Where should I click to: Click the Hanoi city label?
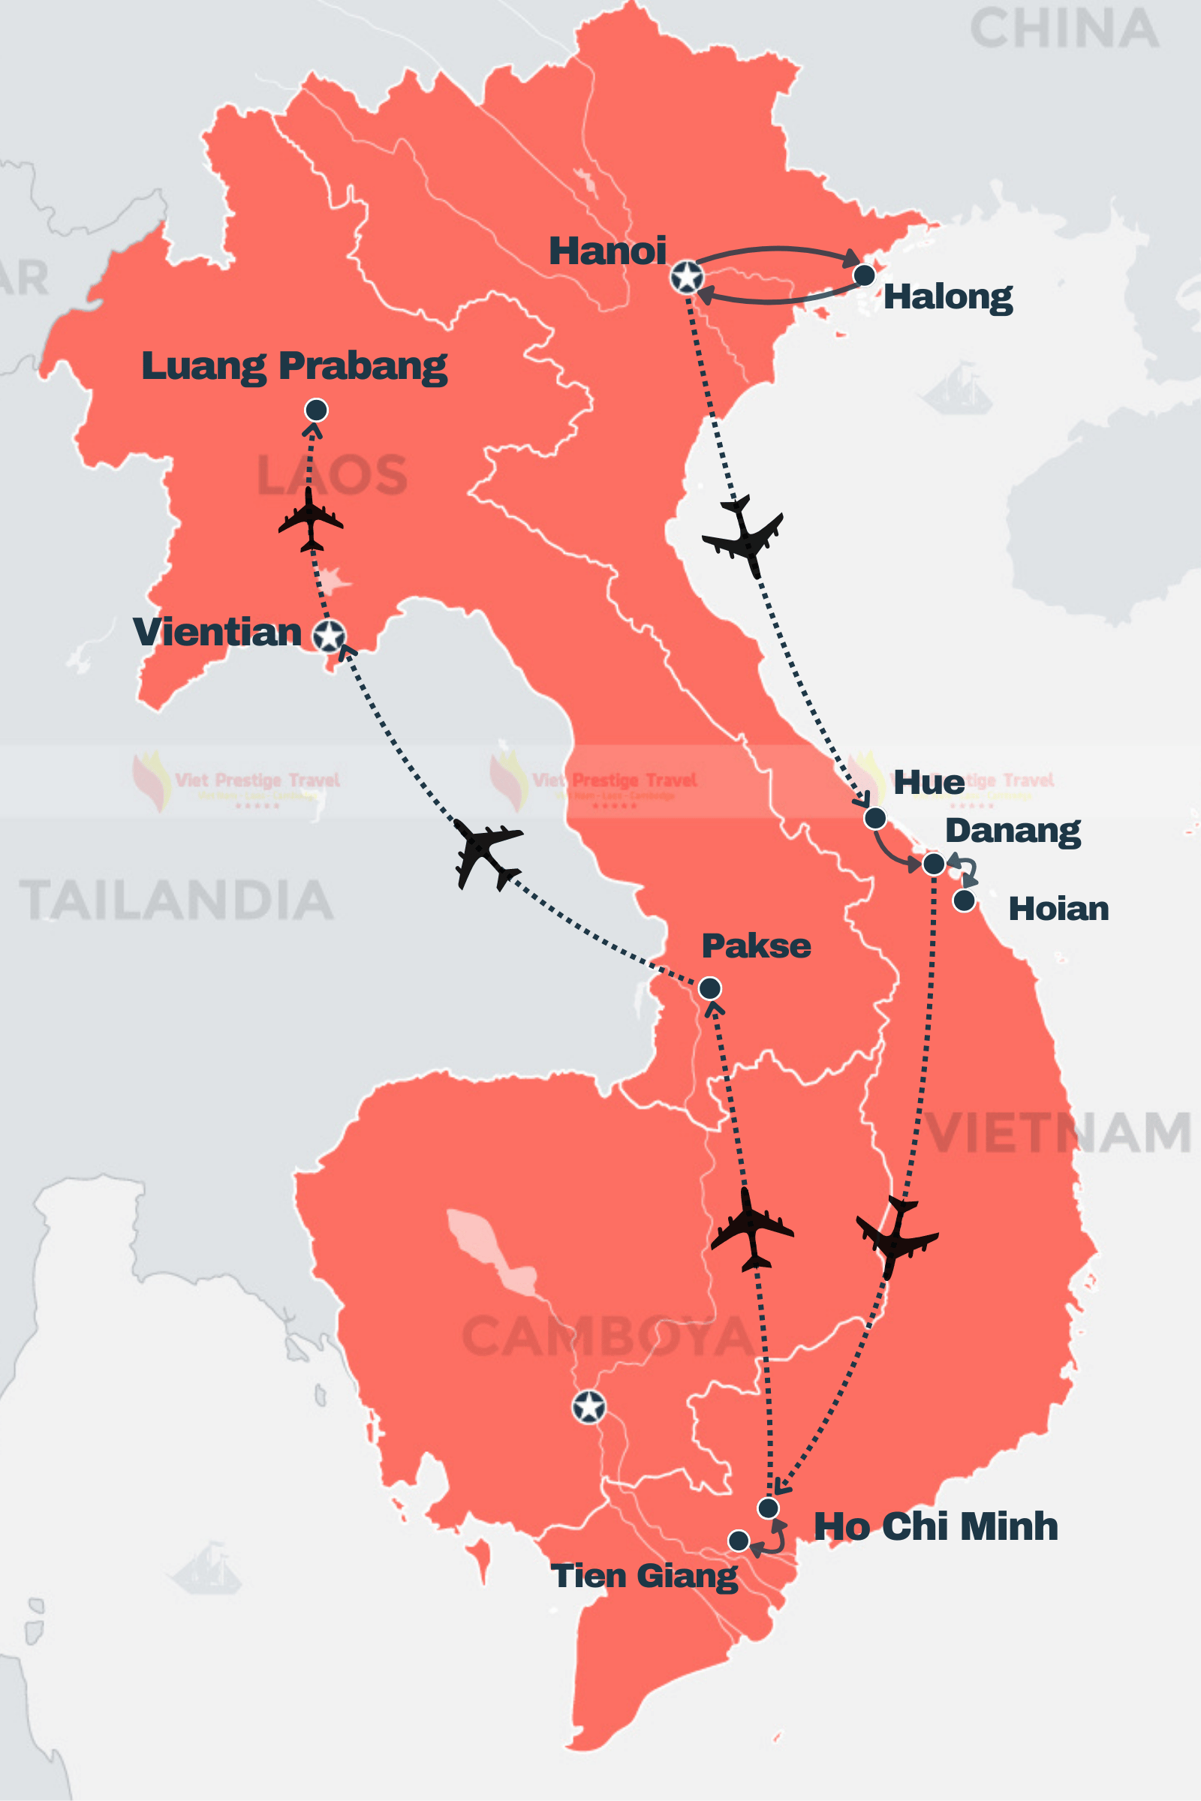click(x=607, y=251)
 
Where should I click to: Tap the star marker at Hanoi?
click(x=687, y=276)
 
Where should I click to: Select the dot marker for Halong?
click(x=864, y=275)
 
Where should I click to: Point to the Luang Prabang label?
click(x=294, y=366)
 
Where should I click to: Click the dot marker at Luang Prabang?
click(x=316, y=410)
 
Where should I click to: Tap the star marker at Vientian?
click(x=330, y=636)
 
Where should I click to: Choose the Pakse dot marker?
click(x=710, y=988)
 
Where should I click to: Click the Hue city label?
click(x=929, y=783)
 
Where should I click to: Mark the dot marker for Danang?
click(x=934, y=864)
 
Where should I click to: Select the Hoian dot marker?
click(x=965, y=900)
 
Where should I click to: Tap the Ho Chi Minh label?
click(x=935, y=1526)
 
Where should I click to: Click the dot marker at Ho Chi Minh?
click(x=768, y=1508)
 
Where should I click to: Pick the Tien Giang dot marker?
click(x=739, y=1540)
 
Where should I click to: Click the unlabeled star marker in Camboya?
click(x=589, y=1406)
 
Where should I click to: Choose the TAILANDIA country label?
click(x=176, y=900)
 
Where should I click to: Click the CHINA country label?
click(x=1064, y=29)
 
